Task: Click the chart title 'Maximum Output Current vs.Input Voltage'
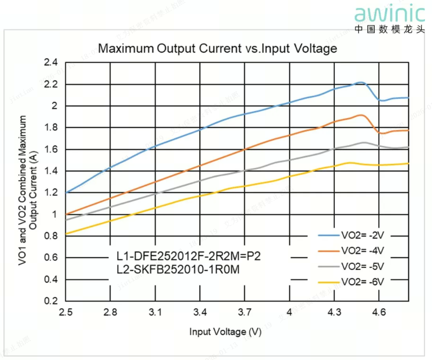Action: coord(217,49)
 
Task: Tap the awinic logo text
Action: coord(390,13)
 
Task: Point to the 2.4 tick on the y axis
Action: coord(52,63)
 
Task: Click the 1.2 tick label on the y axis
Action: coord(52,193)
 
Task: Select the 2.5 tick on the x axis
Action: coord(65,312)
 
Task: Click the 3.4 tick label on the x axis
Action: coord(200,312)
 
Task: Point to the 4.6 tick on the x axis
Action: coord(379,312)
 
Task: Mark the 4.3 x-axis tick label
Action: coord(334,312)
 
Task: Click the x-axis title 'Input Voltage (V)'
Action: coord(225,331)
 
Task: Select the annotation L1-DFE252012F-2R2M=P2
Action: coord(189,257)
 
